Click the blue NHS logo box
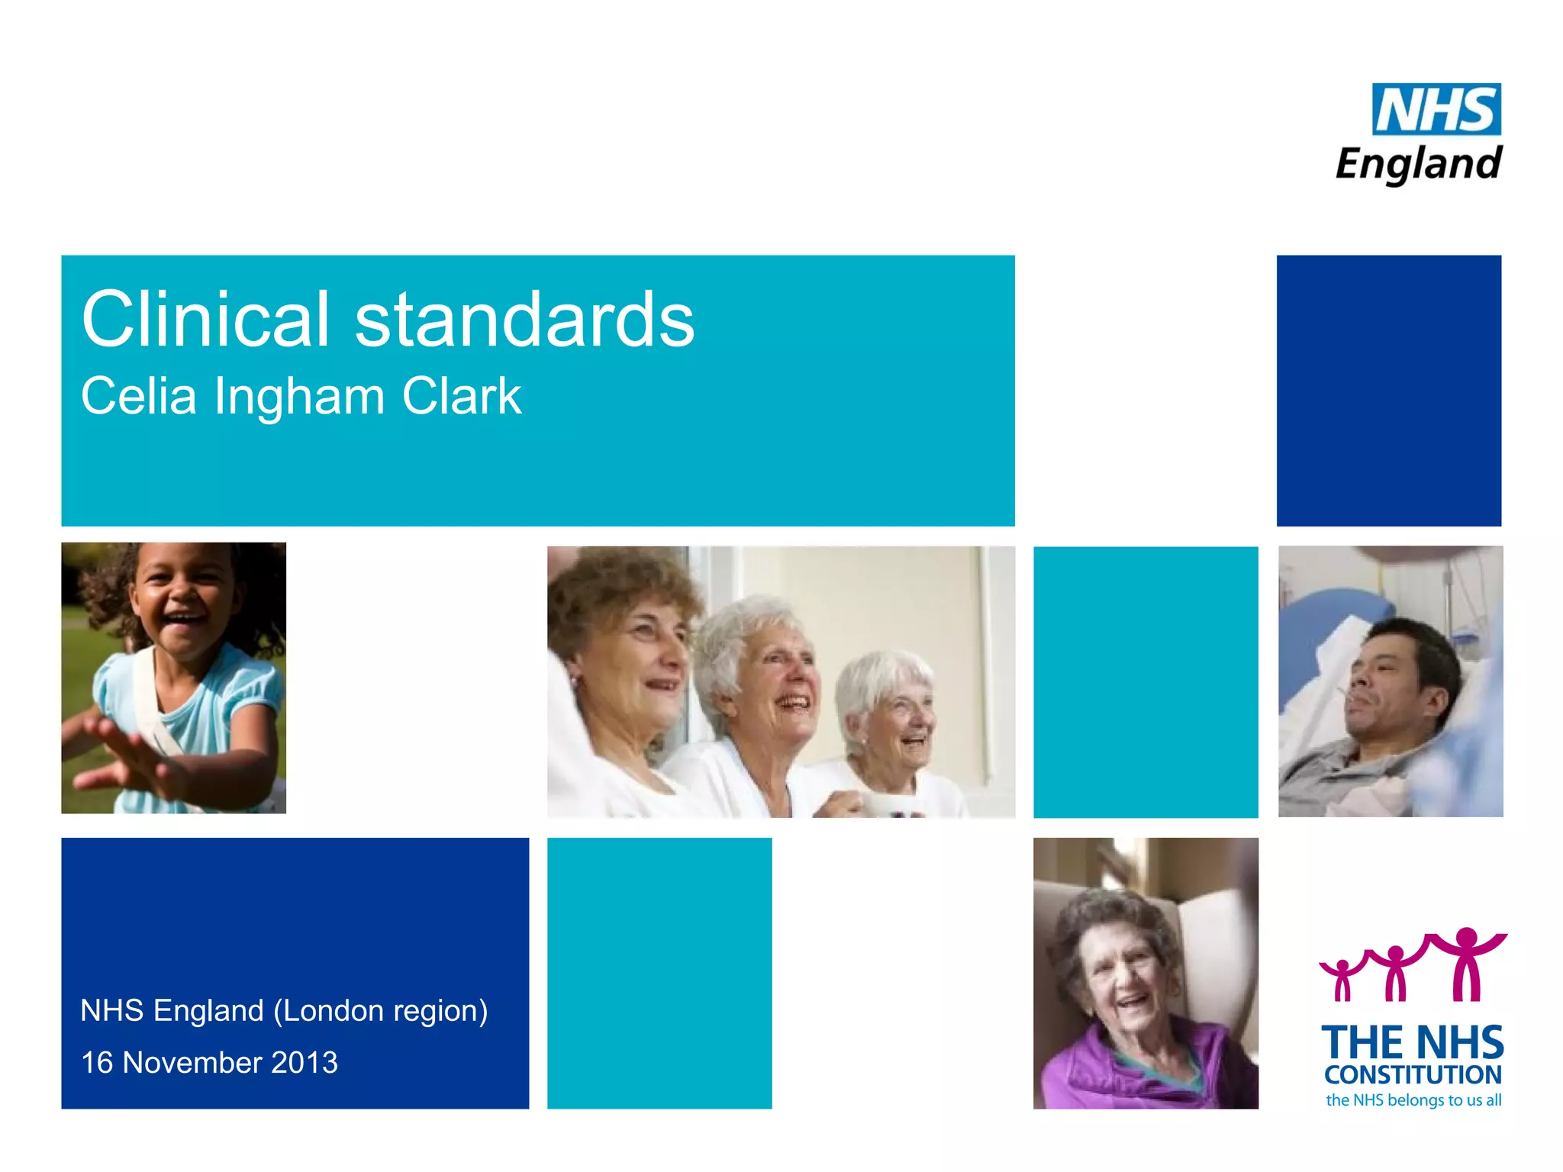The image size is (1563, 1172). point(1436,109)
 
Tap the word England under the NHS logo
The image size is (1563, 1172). point(1419,164)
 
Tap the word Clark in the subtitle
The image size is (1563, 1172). point(462,397)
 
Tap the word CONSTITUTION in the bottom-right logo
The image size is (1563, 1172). point(1413,1075)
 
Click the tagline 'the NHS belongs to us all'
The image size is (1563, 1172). point(1413,1100)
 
